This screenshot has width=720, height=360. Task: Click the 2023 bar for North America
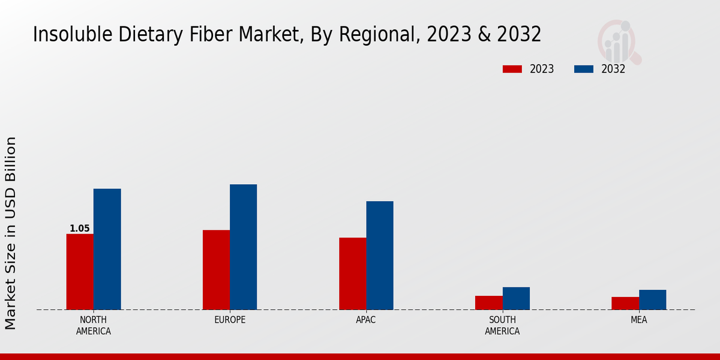click(x=80, y=272)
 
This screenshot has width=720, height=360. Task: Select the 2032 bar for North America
click(x=107, y=249)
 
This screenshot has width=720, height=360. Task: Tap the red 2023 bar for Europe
click(x=216, y=270)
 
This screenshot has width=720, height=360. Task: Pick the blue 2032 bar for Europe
click(x=243, y=247)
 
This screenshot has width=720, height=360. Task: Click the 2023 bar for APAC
click(x=352, y=274)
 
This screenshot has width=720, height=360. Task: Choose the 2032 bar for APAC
click(x=380, y=255)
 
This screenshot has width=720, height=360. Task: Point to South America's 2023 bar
click(x=488, y=302)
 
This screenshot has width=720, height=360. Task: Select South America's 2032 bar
click(x=516, y=298)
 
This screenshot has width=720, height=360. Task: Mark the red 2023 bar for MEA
click(x=625, y=303)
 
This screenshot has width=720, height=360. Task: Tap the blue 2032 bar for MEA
click(x=652, y=299)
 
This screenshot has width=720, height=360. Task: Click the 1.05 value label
click(x=80, y=229)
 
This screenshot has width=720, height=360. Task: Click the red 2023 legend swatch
click(x=512, y=69)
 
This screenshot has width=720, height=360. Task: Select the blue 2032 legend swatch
click(x=583, y=69)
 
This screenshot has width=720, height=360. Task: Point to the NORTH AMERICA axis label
click(x=94, y=325)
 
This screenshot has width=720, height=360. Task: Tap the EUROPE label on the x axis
click(x=230, y=320)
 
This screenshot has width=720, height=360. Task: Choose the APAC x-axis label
click(x=366, y=320)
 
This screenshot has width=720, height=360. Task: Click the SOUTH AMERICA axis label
click(x=502, y=325)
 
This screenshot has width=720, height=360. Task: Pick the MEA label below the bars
click(x=638, y=320)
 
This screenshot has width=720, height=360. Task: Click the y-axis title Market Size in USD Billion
click(x=11, y=233)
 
